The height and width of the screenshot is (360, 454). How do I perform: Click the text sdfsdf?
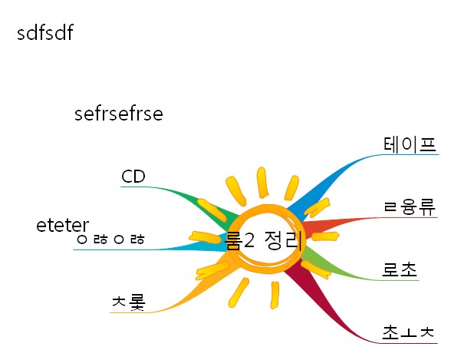click(x=45, y=32)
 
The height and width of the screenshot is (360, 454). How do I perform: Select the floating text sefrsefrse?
click(x=119, y=114)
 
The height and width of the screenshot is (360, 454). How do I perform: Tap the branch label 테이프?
click(x=410, y=144)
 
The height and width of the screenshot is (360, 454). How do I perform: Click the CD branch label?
click(x=133, y=177)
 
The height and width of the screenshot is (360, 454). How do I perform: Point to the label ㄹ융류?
click(x=410, y=207)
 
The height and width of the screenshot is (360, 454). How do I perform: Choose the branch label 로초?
click(x=400, y=269)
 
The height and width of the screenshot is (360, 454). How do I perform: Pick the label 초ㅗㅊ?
click(x=408, y=332)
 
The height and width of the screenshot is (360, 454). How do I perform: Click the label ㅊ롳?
click(x=129, y=302)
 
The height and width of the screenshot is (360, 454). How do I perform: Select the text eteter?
click(x=63, y=226)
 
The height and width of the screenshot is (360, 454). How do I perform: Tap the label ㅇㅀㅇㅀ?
click(x=110, y=239)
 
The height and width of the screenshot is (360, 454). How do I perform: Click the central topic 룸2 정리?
click(x=264, y=240)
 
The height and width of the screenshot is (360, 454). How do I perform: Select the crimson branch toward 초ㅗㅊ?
click(x=324, y=304)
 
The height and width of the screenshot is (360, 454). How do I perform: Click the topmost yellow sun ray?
click(x=262, y=183)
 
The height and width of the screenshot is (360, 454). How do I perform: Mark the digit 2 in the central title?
click(x=249, y=240)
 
